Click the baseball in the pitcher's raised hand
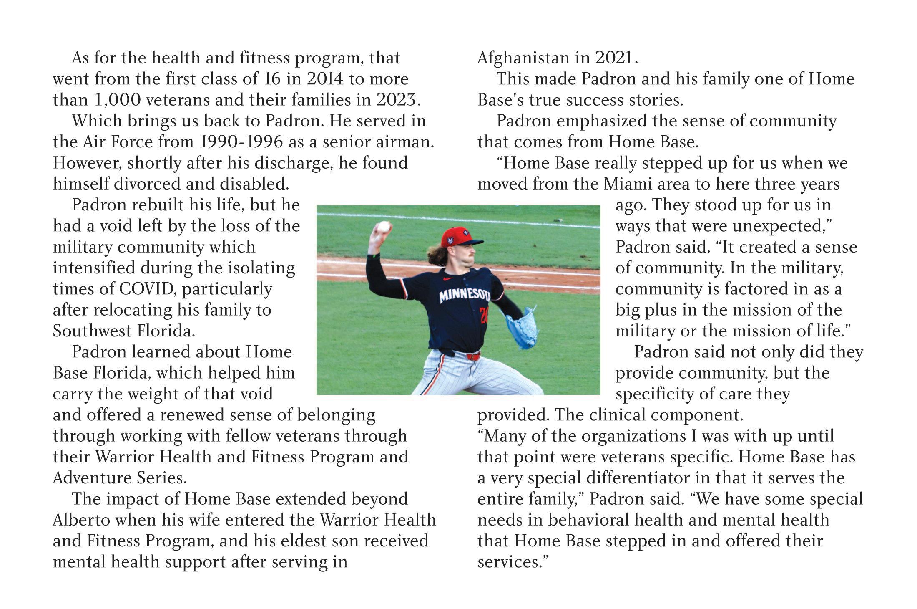[x=383, y=227]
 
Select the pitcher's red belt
[x=473, y=356]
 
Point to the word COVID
[x=145, y=289]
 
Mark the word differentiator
[x=618, y=478]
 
